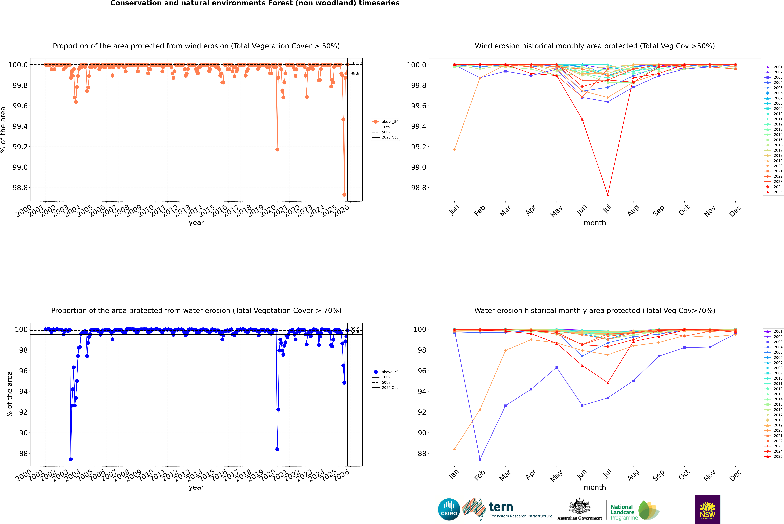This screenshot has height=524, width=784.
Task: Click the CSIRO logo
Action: click(x=449, y=509)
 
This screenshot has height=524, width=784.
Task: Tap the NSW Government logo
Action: click(x=707, y=509)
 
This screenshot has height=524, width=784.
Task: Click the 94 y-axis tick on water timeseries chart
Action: click(x=21, y=391)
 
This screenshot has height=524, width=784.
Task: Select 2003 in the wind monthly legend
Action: click(x=778, y=77)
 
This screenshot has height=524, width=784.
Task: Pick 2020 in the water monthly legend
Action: click(x=778, y=430)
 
